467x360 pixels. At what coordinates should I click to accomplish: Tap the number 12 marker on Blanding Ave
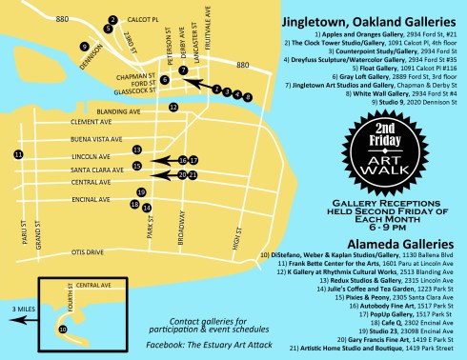(x=173, y=108)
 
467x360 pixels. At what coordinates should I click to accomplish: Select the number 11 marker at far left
(x=17, y=153)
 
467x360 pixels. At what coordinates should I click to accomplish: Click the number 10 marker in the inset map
(x=62, y=329)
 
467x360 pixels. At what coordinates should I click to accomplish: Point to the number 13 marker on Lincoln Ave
(x=137, y=150)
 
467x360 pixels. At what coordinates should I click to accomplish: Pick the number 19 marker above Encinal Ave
(x=141, y=192)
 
